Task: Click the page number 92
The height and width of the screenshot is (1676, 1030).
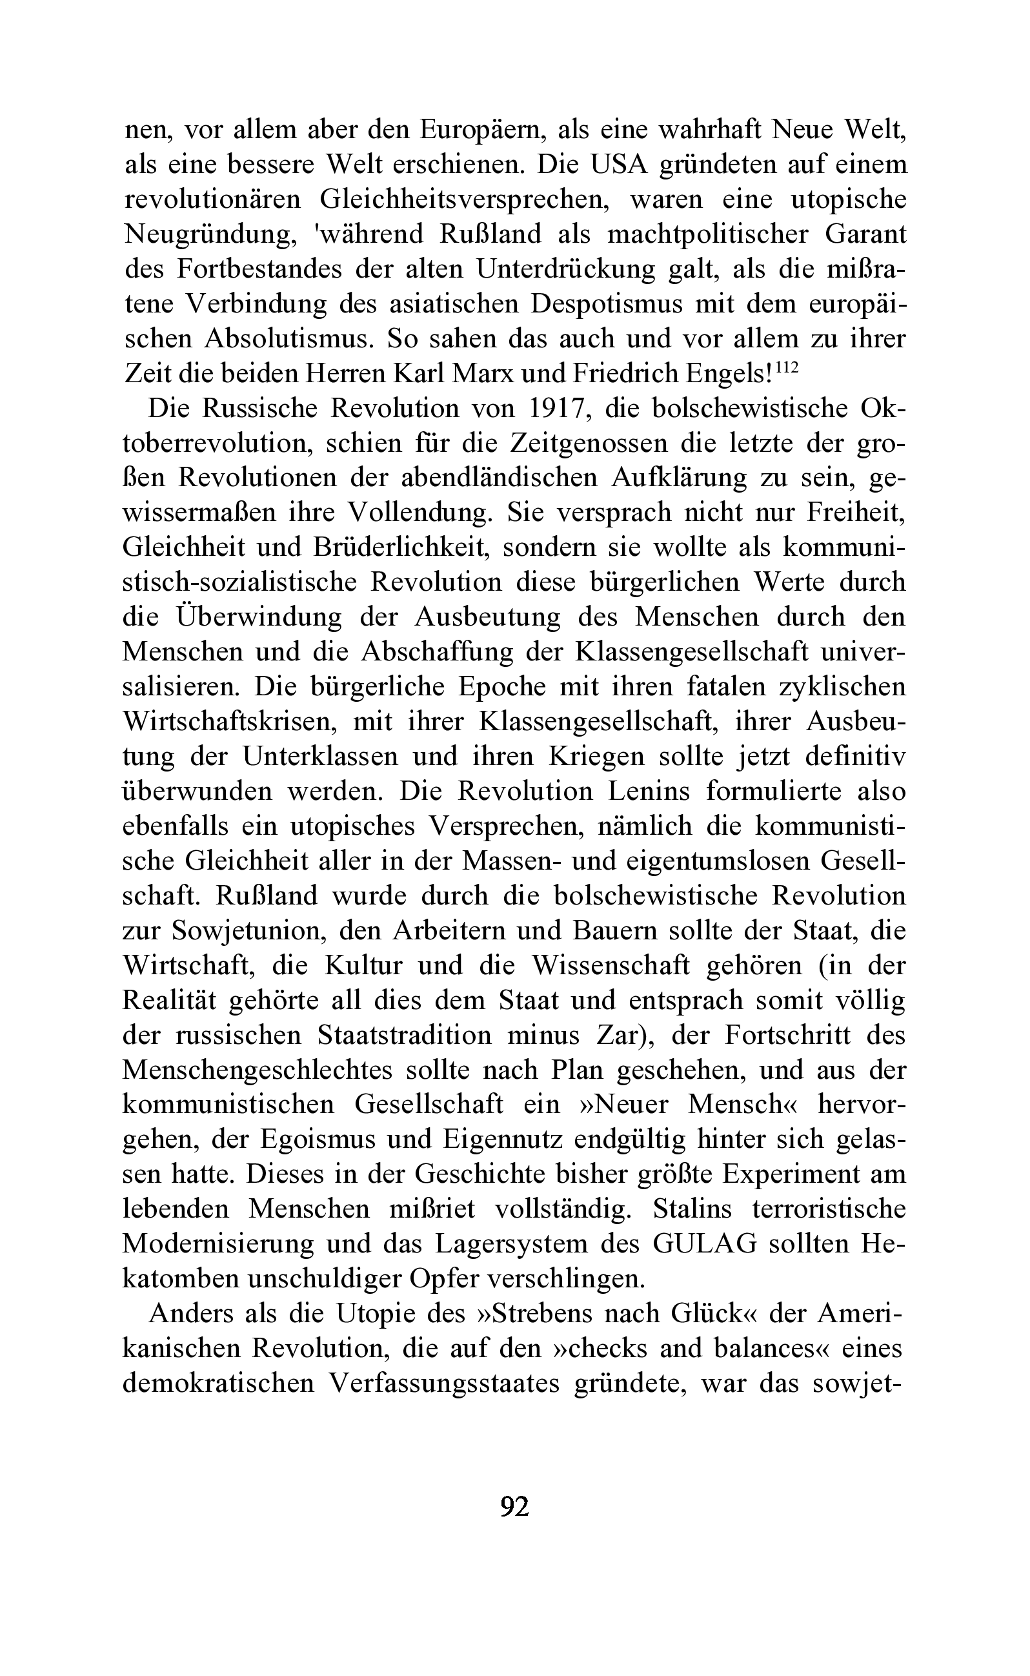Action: pos(514,1505)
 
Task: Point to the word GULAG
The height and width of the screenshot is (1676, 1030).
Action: pos(704,1243)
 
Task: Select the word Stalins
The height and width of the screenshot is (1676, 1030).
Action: pos(691,1209)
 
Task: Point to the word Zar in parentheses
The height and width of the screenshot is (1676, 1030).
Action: pos(622,1034)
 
